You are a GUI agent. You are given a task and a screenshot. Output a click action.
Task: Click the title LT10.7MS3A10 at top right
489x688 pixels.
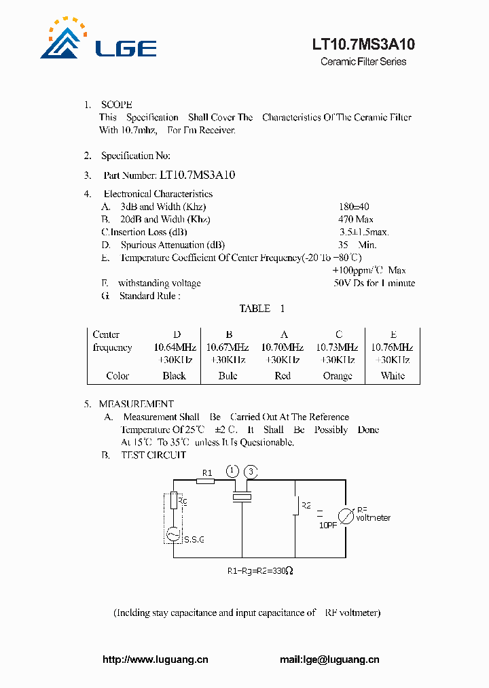pyautogui.click(x=363, y=45)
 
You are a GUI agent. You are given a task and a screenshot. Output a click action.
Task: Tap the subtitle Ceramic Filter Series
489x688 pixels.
pyautogui.click(x=363, y=62)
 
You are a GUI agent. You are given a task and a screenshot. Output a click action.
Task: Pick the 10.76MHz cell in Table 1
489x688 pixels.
pyautogui.click(x=393, y=347)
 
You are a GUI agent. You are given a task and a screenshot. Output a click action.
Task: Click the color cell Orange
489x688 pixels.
pyautogui.click(x=338, y=376)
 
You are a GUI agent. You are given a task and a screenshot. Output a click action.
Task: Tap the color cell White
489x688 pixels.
pyautogui.click(x=393, y=376)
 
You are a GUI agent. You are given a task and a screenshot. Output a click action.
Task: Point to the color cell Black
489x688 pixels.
pyautogui.click(x=175, y=376)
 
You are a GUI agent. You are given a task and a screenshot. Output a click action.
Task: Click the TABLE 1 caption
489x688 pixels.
pyautogui.click(x=261, y=309)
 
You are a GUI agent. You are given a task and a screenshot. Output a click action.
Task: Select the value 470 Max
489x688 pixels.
pyautogui.click(x=356, y=220)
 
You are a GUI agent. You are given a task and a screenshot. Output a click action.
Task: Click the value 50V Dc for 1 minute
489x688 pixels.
pyautogui.click(x=374, y=283)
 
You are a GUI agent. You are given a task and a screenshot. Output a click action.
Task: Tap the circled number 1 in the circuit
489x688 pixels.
pyautogui.click(x=233, y=471)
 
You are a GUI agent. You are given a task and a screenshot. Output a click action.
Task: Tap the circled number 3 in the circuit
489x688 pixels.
pyautogui.click(x=251, y=471)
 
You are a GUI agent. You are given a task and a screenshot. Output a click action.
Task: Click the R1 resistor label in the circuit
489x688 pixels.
pyautogui.click(x=208, y=472)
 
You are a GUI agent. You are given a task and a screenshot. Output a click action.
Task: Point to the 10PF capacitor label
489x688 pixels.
pyautogui.click(x=327, y=525)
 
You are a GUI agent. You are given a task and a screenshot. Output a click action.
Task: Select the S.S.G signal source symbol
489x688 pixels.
pyautogui.click(x=174, y=534)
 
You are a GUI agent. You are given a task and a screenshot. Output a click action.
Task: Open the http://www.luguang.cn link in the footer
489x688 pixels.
pyautogui.click(x=156, y=659)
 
